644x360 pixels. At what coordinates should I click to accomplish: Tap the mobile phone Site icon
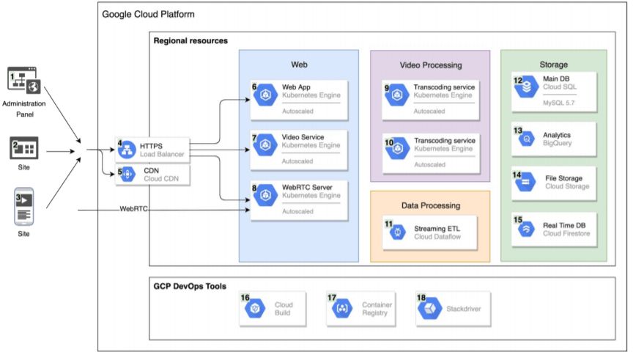click(24, 207)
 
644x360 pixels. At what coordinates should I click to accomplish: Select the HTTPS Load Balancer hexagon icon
click(127, 150)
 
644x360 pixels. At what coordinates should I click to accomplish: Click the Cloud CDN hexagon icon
click(127, 175)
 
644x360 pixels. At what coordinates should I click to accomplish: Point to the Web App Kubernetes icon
click(265, 95)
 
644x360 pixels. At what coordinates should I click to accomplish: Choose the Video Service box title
click(303, 137)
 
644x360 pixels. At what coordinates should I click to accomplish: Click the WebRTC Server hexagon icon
click(265, 195)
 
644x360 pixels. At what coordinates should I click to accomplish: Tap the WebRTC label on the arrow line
click(133, 209)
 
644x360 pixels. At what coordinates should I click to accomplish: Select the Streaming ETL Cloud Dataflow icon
click(398, 232)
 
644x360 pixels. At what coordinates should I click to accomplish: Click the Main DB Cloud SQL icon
click(527, 87)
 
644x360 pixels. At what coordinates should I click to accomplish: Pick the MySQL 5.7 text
click(558, 103)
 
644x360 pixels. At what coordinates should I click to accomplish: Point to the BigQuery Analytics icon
click(527, 139)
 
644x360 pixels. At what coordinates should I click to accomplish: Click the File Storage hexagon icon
click(526, 182)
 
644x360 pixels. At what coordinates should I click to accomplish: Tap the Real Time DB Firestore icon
click(527, 229)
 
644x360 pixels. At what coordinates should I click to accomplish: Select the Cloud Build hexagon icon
click(255, 309)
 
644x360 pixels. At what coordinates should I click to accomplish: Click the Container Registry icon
click(342, 309)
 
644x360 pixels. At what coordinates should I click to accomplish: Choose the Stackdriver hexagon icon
click(430, 308)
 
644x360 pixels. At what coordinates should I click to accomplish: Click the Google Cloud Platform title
click(148, 15)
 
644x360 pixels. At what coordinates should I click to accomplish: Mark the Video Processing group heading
click(431, 65)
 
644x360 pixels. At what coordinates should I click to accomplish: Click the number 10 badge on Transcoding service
click(389, 142)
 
